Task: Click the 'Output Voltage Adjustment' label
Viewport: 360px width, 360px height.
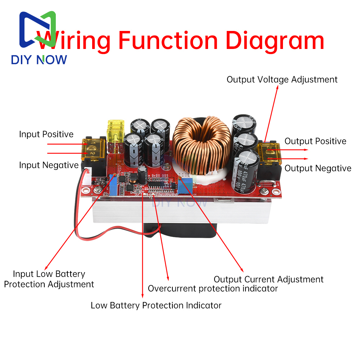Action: pos(282,80)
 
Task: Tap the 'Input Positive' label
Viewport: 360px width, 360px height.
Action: pos(46,134)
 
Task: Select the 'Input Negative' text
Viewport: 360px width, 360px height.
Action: pos(49,165)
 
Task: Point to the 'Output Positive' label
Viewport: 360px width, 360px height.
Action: pos(315,141)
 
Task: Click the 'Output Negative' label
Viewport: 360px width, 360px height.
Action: pos(318,168)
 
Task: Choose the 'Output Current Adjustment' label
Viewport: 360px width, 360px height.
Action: pos(269,279)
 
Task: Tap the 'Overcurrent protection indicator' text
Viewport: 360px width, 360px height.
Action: pos(213,288)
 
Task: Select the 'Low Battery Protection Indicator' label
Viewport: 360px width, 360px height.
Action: pos(156,305)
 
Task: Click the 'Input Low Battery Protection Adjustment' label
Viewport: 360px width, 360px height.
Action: pos(49,279)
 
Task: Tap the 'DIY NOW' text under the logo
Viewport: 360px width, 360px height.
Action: pos(39,60)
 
